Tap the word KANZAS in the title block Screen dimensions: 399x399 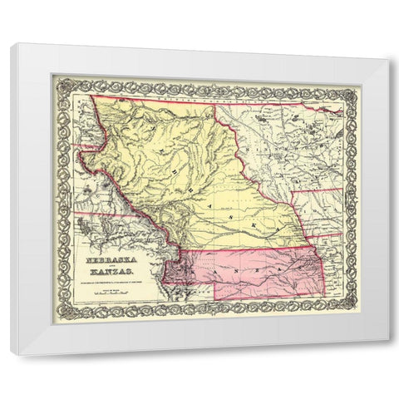tap(111, 272)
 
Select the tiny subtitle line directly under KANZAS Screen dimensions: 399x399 tap(111, 279)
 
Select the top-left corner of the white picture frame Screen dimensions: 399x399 tap(12, 44)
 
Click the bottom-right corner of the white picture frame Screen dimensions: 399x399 tap(387, 356)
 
